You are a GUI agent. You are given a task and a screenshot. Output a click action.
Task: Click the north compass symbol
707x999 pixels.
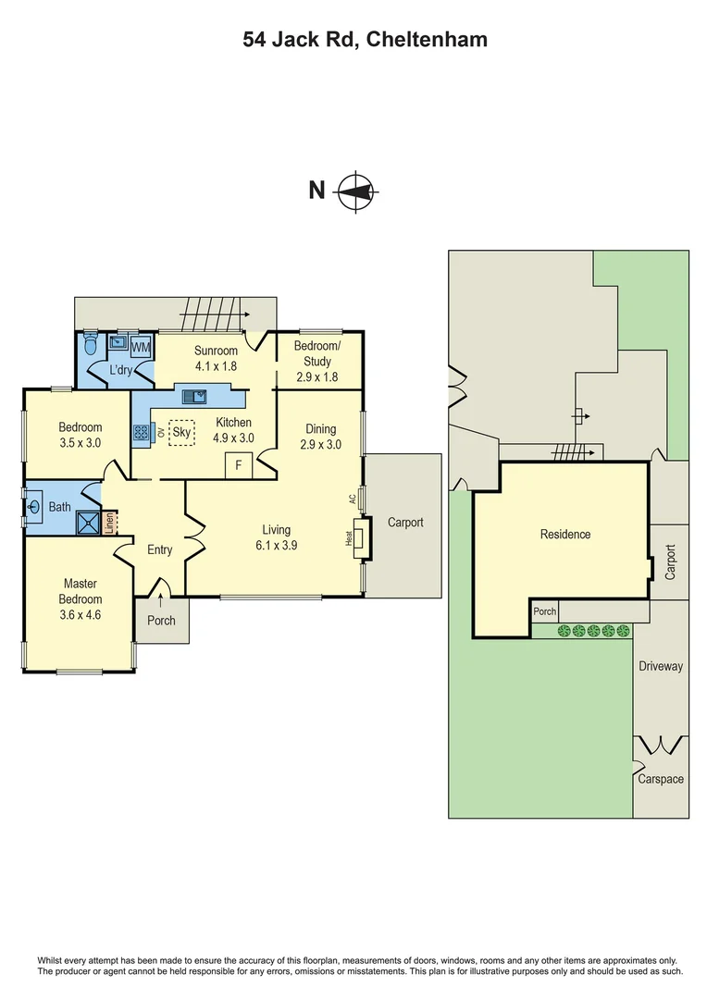click(355, 191)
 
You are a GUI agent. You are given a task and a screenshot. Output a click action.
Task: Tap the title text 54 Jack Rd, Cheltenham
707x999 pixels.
click(365, 40)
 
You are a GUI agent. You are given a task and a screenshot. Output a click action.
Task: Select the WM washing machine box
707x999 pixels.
click(141, 347)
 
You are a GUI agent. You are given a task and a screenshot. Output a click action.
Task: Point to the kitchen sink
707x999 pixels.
click(195, 397)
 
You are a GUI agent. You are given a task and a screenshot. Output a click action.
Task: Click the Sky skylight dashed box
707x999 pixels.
click(182, 432)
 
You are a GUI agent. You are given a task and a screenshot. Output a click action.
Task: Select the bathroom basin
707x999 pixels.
click(34, 507)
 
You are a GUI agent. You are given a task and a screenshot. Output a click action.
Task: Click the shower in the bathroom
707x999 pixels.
click(89, 524)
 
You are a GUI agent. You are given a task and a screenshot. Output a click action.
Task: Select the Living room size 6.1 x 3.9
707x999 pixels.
click(276, 545)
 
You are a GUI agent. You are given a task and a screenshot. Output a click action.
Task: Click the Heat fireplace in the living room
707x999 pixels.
click(359, 537)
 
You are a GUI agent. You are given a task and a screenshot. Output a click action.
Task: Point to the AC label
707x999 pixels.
click(352, 499)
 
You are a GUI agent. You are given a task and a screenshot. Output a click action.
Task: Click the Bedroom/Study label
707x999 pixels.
click(316, 354)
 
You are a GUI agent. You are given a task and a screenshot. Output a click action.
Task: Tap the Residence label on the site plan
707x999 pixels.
click(565, 534)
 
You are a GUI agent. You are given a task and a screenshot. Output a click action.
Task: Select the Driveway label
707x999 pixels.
click(661, 666)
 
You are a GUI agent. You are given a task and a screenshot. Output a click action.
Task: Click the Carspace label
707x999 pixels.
click(661, 779)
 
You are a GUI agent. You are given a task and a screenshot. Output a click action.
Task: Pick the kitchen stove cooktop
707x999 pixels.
click(142, 432)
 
